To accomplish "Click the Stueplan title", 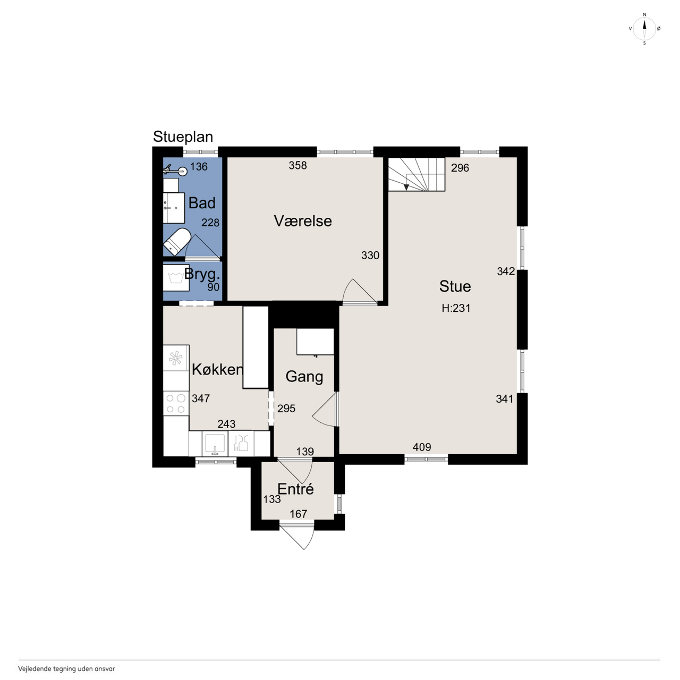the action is tap(183, 137).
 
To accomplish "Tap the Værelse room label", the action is tap(303, 221).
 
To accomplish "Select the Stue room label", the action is tap(455, 286).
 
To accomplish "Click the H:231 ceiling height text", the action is tap(456, 308).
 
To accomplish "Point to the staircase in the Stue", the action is tap(416, 174).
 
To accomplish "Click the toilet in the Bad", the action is tap(177, 241).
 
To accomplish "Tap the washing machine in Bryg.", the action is tap(176, 278).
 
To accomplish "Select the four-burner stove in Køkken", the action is tap(176, 403).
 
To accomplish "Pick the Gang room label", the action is tap(304, 377).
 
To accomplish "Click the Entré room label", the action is tap(296, 489).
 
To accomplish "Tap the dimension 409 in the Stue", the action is tap(422, 447).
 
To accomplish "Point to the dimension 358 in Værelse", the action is tap(298, 165).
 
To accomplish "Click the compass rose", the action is tap(644, 29).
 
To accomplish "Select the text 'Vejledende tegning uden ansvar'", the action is tap(66, 668).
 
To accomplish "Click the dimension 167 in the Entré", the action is tap(299, 514).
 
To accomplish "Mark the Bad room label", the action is tap(202, 203).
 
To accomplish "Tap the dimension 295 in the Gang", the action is tap(286, 409).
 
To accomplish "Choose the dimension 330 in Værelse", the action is tap(370, 255).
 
